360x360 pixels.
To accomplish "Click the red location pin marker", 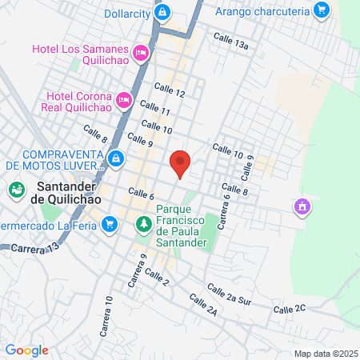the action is pyautogui.click(x=181, y=163).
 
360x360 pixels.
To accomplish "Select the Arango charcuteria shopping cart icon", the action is pyautogui.click(x=322, y=10).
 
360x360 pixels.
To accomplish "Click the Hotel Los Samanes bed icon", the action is pyautogui.click(x=141, y=53).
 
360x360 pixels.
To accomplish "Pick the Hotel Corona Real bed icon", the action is pyautogui.click(x=124, y=100).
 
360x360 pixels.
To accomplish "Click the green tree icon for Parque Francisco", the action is pyautogui.click(x=143, y=225).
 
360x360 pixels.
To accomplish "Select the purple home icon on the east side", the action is pyautogui.click(x=302, y=207).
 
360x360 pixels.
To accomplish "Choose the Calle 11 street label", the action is pyautogui.click(x=154, y=111).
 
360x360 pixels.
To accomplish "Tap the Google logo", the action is pyautogui.click(x=26, y=350).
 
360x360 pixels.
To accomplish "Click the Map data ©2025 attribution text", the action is pyautogui.click(x=324, y=353).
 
